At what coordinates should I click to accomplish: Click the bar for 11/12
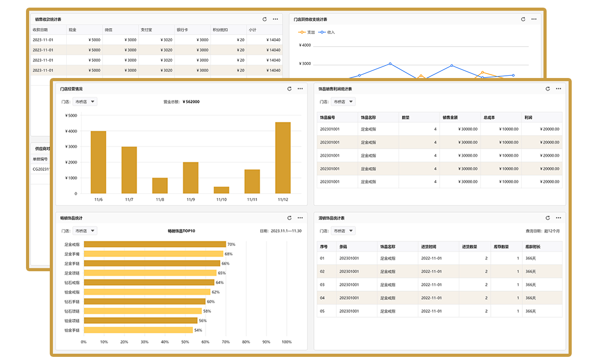[282, 158]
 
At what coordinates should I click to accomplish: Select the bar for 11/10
[222, 190]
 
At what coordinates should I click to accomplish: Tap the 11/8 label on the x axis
[160, 200]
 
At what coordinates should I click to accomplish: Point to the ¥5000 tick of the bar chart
[71, 116]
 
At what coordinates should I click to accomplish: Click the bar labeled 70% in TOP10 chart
[155, 244]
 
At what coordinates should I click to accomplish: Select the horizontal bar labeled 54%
[138, 330]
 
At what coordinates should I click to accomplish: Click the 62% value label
[216, 292]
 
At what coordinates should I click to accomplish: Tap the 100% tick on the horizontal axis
[286, 342]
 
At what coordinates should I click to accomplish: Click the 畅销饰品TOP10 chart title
[181, 231]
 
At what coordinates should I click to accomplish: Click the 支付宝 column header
[147, 30]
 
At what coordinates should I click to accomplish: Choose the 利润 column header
[528, 117]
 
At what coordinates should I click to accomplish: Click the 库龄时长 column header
[533, 247]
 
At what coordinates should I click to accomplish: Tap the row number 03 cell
[322, 285]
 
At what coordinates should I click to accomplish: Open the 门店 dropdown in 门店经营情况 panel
[85, 102]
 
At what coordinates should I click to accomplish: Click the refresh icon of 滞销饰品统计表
[548, 218]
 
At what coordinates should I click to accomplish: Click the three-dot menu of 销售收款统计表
[275, 19]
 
